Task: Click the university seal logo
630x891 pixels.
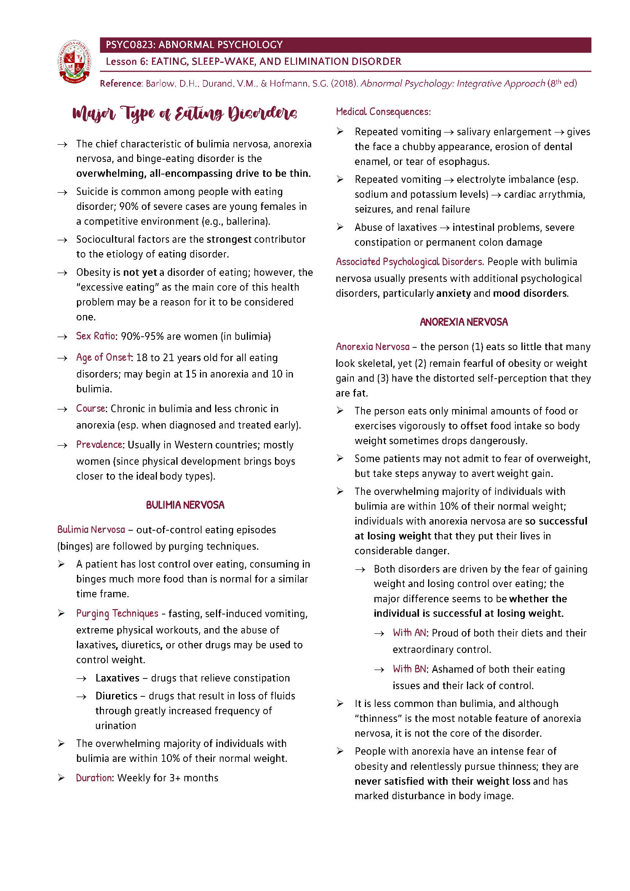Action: pos(75,62)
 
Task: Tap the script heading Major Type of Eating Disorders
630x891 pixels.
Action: pos(185,113)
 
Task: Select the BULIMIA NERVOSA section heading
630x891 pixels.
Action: pos(185,505)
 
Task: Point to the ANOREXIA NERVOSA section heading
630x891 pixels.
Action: pos(464,322)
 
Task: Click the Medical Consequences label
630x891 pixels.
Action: pos(383,112)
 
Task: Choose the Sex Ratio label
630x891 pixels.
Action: pos(96,336)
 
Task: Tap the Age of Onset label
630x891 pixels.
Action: pos(104,357)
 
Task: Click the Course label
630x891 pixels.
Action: pos(90,409)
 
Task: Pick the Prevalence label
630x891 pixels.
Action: pos(99,445)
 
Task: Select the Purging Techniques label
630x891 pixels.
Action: pos(117,614)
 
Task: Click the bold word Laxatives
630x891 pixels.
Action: pos(117,678)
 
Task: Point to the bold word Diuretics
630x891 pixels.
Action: pos(117,696)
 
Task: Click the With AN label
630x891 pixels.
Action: pos(409,633)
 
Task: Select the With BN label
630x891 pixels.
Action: pos(409,669)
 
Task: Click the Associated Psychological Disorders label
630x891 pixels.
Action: pos(409,262)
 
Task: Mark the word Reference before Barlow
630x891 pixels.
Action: pos(121,84)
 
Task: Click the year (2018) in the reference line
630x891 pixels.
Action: pos(344,84)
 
